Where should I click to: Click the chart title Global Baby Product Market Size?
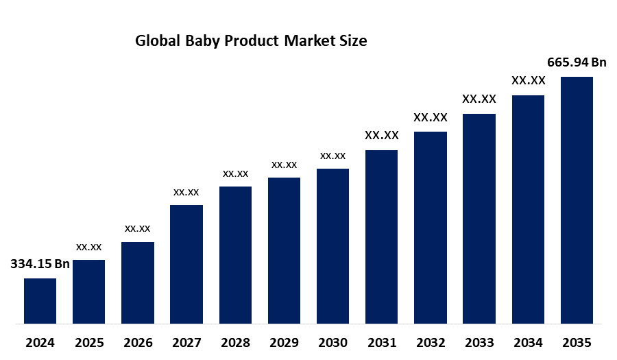point(251,41)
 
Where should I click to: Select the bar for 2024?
point(40,300)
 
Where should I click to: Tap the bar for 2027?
point(186,264)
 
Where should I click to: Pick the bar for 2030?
point(332,245)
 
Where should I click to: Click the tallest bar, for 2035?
point(577,200)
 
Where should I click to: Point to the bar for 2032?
point(431,227)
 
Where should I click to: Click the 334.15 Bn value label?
point(40,265)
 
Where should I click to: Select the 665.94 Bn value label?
point(577,63)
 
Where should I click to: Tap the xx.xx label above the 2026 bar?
point(137,228)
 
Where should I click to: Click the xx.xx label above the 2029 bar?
point(284,165)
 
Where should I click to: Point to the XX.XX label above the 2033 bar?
point(479,99)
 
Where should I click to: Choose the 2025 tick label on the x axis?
point(88,342)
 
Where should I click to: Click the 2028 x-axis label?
point(235,342)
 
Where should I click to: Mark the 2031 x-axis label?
point(381,342)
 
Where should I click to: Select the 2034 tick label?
point(528,342)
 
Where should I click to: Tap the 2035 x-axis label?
point(577,342)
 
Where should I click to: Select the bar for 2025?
point(88,291)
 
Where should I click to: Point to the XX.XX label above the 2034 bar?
point(528,81)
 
